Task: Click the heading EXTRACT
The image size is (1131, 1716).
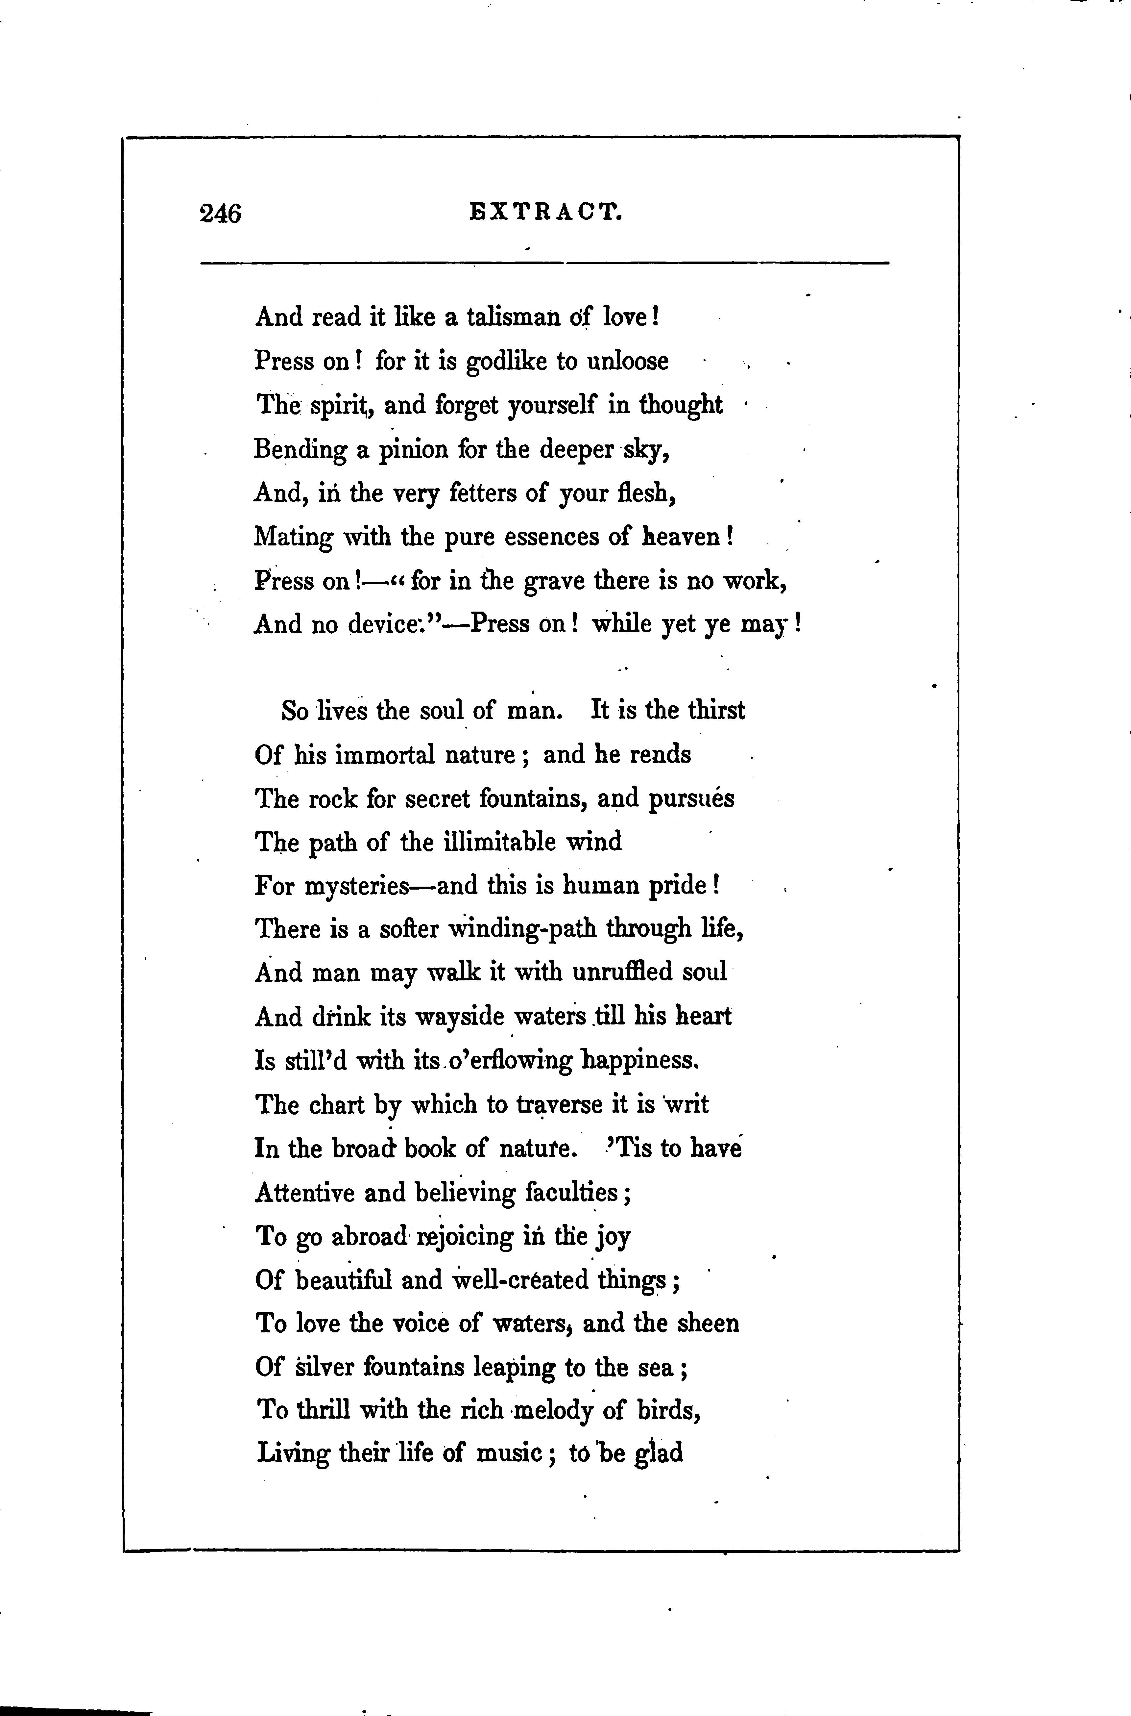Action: pos(545,212)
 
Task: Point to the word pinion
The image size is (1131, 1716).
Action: pos(411,450)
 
